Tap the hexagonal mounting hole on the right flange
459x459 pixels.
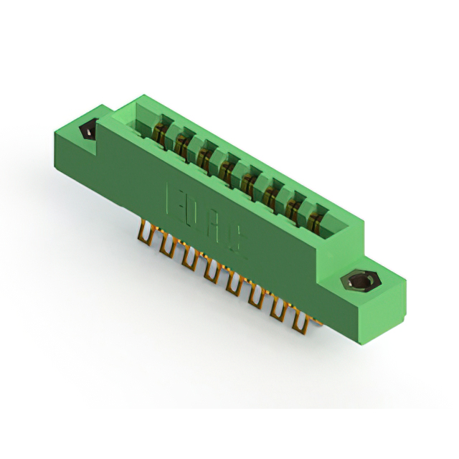click(x=356, y=280)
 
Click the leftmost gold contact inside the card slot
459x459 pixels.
click(x=161, y=132)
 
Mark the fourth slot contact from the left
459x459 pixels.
click(x=227, y=170)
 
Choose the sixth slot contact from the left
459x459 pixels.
click(x=271, y=195)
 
